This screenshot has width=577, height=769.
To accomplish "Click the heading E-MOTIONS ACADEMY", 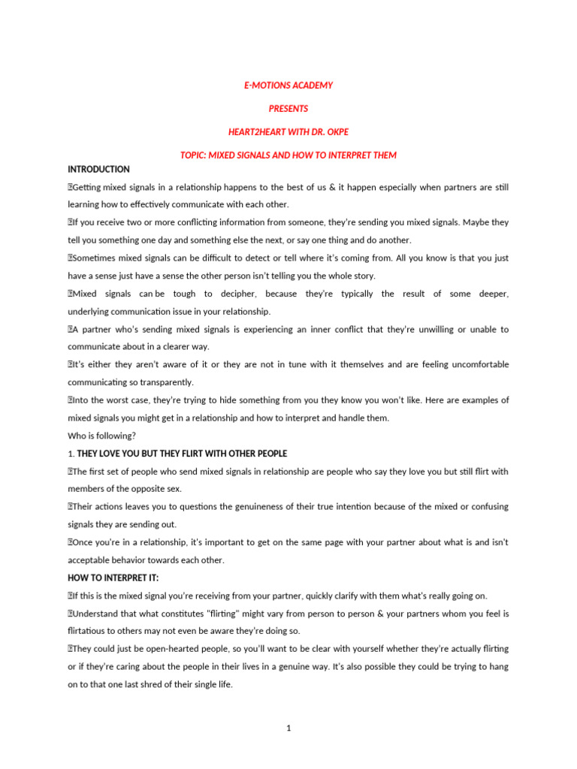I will pos(288,86).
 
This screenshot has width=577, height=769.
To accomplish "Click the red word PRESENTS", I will pos(288,109).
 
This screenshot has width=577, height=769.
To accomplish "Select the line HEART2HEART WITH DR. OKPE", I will pos(288,132).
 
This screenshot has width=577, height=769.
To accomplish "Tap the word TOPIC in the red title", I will pos(192,155).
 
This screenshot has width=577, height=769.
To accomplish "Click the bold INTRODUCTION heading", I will pos(98,170).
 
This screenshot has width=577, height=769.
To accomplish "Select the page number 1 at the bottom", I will pos(288,727).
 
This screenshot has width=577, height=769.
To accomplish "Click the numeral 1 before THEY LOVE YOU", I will pos(70,454).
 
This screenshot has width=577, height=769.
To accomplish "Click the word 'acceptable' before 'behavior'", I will pos(92,560).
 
